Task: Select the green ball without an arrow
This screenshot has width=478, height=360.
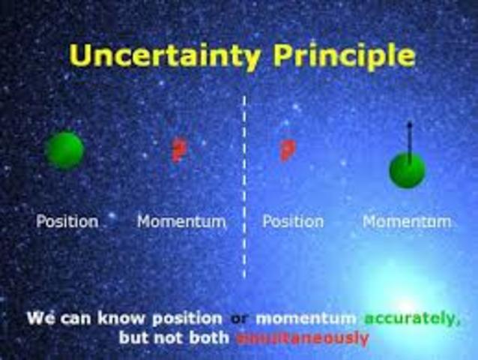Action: click(64, 150)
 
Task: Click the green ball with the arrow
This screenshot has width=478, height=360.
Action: click(407, 170)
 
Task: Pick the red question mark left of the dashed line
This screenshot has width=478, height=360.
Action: click(178, 150)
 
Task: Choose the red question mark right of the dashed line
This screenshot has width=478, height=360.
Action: click(286, 150)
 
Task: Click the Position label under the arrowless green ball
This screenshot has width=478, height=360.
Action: click(67, 222)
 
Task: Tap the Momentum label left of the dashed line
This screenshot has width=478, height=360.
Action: click(181, 222)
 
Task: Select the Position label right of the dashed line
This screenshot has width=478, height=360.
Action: click(293, 222)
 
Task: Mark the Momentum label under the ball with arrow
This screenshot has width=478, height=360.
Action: click(407, 222)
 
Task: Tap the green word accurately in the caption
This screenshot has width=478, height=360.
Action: click(411, 319)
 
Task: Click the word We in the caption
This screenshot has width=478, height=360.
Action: click(39, 318)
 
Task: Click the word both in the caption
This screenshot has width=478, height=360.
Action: click(210, 338)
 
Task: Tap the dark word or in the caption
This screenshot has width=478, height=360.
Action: click(239, 319)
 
